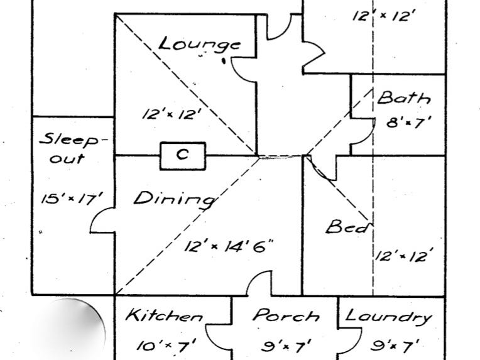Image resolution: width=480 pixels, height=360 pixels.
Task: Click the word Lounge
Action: tap(199, 45)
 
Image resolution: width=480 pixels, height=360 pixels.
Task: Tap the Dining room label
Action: tap(173, 199)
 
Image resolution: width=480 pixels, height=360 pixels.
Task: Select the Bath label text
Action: tap(404, 98)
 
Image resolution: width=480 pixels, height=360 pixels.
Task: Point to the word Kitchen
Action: tap(164, 316)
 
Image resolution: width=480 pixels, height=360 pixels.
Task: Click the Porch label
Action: tap(286, 316)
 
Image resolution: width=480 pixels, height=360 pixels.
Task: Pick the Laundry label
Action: tap(389, 316)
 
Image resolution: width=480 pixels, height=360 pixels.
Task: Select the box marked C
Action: tap(182, 155)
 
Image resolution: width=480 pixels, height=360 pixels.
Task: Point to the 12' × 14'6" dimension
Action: tap(229, 246)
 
